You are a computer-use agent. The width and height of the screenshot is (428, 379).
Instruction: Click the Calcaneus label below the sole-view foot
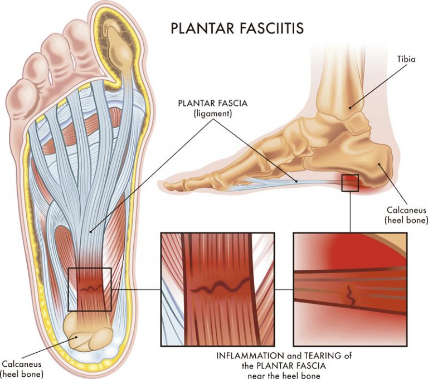[x=21, y=365]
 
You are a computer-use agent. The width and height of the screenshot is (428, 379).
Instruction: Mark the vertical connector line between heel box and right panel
[x=349, y=212]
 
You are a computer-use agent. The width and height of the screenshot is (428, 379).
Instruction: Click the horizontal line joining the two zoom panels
[x=284, y=289]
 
